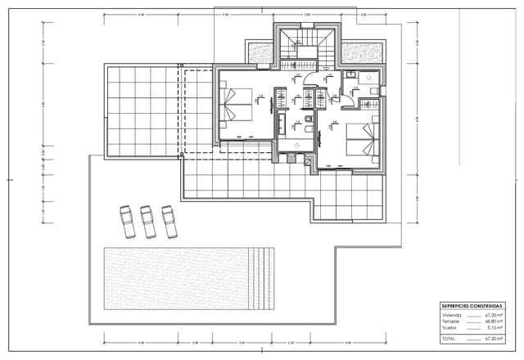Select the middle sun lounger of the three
(x=148, y=220)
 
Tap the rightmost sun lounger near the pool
(x=169, y=220)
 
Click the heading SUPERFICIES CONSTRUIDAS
(x=472, y=304)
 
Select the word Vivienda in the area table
(x=452, y=314)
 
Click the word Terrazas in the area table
(x=452, y=321)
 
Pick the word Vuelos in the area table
(x=450, y=327)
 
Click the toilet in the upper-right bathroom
(x=373, y=89)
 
